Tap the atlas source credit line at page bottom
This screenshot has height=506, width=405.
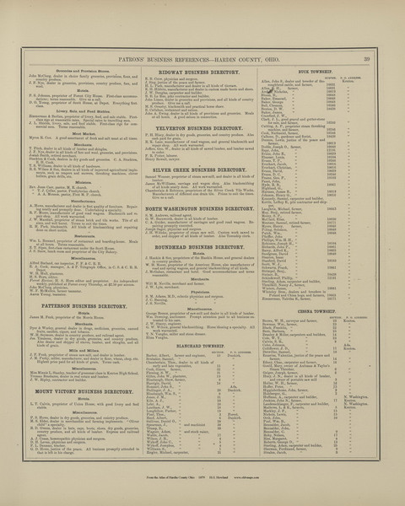point(203,499)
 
